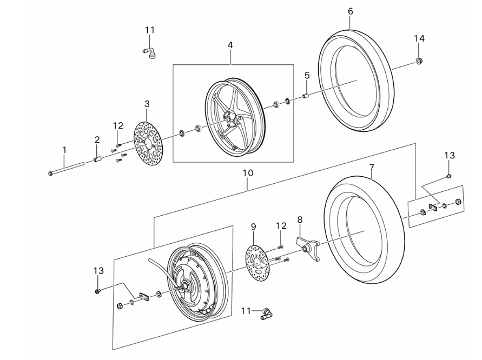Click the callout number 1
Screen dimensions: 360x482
[x=64, y=149]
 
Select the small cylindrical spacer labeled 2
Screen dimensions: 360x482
[x=98, y=159]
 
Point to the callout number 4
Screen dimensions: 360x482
[x=230, y=45]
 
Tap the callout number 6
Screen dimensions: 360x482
[x=350, y=11]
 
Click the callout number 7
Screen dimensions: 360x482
[x=372, y=168]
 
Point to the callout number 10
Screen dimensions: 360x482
[x=248, y=173]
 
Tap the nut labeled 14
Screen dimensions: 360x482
[x=419, y=61]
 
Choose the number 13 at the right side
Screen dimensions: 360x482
[x=450, y=155]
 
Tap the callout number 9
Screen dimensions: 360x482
[x=253, y=226]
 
